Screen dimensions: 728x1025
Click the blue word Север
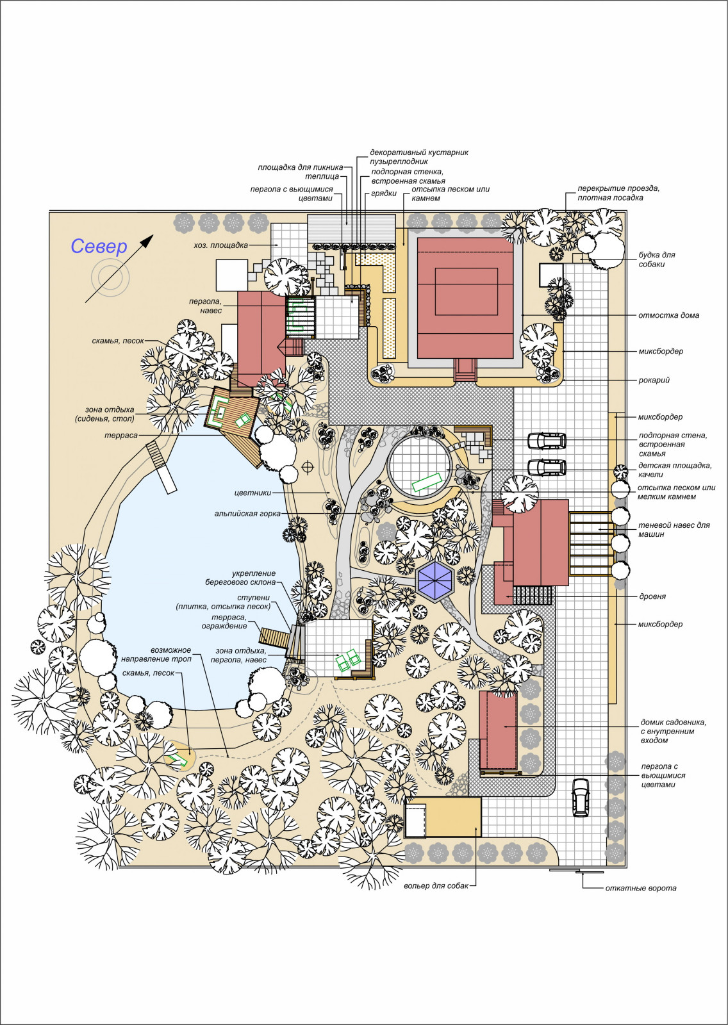(x=99, y=247)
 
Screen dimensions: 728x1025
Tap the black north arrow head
(x=147, y=241)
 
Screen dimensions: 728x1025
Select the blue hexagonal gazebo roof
(x=434, y=579)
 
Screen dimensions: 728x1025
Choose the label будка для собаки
(x=657, y=259)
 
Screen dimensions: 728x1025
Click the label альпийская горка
(x=247, y=513)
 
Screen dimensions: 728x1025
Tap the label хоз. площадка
(x=220, y=245)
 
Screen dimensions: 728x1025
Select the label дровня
(x=652, y=596)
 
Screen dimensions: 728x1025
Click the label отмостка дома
(x=668, y=315)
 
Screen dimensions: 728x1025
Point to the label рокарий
(x=654, y=381)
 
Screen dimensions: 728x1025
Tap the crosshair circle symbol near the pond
(x=308, y=467)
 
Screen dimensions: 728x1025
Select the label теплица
(x=322, y=177)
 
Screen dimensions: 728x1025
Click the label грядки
(x=383, y=193)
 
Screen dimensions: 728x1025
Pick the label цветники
(x=252, y=493)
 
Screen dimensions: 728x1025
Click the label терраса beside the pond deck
(x=121, y=436)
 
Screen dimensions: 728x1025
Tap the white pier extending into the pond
(x=161, y=467)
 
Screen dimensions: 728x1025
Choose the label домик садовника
(x=673, y=723)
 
